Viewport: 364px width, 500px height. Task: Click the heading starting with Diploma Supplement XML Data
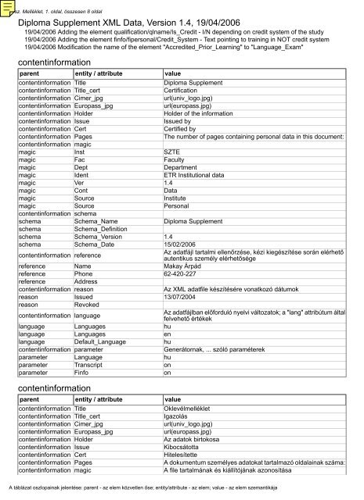(x=129, y=23)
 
